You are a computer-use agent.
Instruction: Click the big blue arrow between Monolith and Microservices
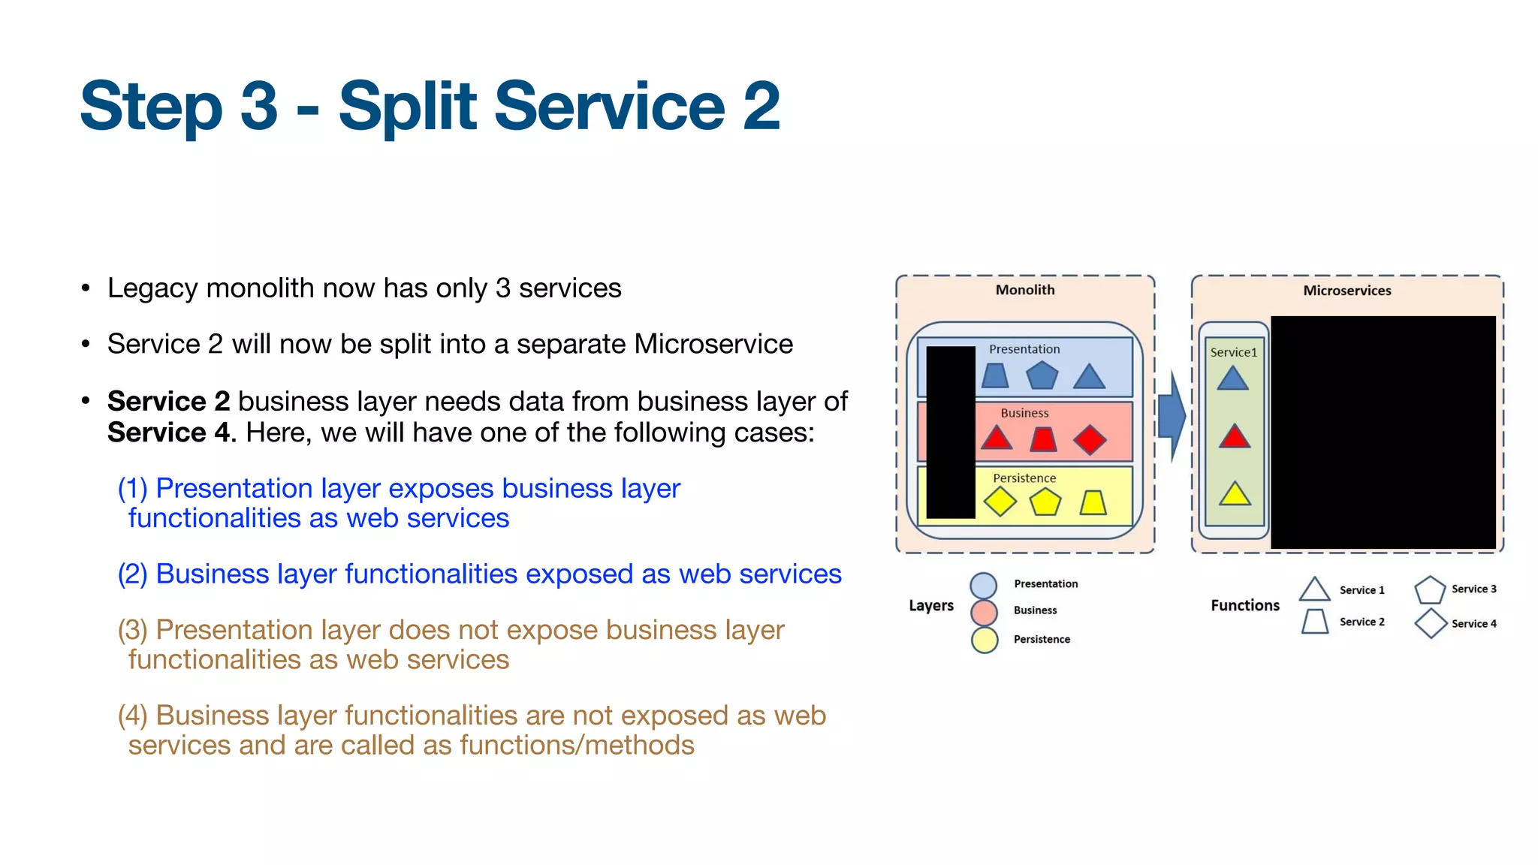[1171, 416]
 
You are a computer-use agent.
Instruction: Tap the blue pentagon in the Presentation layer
[1042, 375]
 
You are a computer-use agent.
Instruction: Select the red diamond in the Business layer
[1090, 440]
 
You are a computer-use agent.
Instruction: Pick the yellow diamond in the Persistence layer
[1000, 502]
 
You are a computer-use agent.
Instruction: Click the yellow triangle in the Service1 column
[1235, 495]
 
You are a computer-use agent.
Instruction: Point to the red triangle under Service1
[1235, 437]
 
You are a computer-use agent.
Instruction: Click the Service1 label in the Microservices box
[1233, 352]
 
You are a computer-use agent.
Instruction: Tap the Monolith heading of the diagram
[1024, 290]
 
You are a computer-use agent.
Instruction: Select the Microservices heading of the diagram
[1347, 291]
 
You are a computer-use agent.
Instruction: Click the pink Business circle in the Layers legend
[984, 612]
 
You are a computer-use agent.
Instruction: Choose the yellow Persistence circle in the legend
[984, 640]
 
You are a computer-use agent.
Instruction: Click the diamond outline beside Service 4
[1431, 623]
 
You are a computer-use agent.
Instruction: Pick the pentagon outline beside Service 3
[1430, 591]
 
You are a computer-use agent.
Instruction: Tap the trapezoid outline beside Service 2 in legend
[1315, 622]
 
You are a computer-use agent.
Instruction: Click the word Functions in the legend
[1244, 605]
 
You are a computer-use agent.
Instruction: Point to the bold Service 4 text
[167, 432]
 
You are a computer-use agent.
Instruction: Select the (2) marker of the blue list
[132, 574]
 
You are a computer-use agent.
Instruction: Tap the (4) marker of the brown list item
[132, 716]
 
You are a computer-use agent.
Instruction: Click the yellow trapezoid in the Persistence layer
[1093, 503]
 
